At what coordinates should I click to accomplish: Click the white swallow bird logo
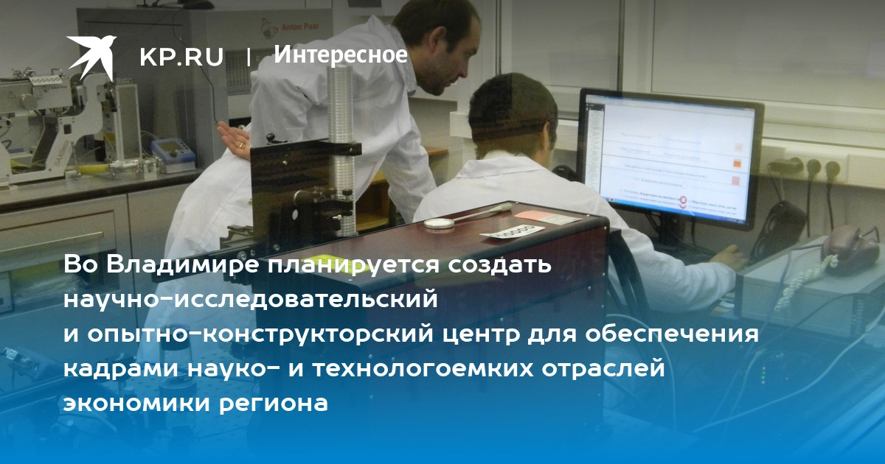(91, 57)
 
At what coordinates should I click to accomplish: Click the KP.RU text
(181, 57)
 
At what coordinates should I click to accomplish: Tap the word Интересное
(341, 55)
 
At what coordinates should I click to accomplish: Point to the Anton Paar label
(300, 27)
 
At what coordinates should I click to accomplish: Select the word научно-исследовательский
(251, 300)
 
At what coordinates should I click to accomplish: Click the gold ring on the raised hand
(240, 145)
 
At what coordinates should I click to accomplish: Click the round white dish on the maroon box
(440, 223)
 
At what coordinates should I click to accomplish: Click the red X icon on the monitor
(683, 201)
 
